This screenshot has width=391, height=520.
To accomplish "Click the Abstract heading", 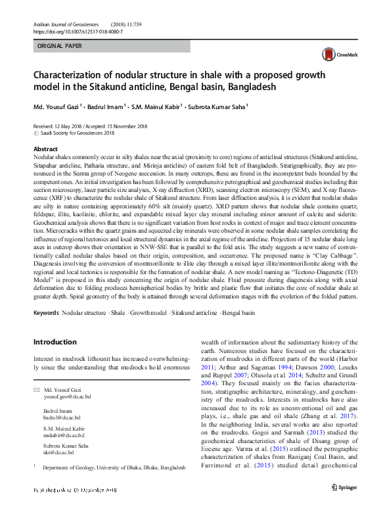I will click(45, 149).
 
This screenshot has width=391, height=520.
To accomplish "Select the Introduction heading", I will click(55, 342).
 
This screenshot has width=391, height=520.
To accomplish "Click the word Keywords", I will click(46, 313).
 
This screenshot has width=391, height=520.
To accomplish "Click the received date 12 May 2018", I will click(71, 126).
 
